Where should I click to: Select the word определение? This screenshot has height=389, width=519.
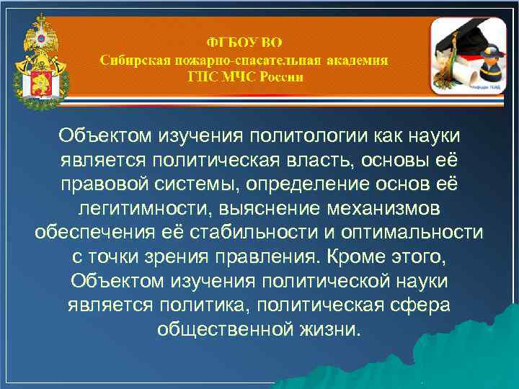coord(307,184)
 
